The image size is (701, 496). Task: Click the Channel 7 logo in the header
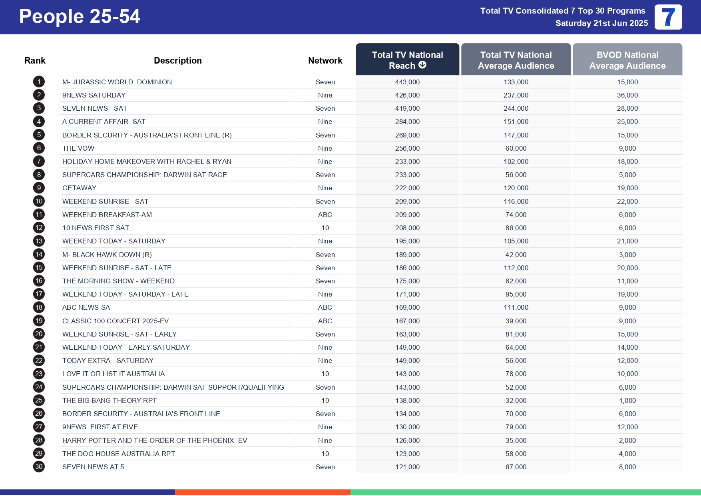[x=668, y=17]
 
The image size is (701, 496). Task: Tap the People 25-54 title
[x=80, y=17]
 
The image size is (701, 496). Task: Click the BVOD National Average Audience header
[x=627, y=60]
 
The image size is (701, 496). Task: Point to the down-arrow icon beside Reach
[x=422, y=65]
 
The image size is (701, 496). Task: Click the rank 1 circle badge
[x=39, y=82]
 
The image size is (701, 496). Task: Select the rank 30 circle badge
[x=39, y=467]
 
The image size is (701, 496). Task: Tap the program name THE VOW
[x=78, y=148]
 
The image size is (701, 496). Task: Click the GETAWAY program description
[x=79, y=188]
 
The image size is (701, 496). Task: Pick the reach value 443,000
[x=407, y=82]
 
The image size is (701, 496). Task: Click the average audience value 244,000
[x=516, y=108]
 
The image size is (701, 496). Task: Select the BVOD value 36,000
[x=627, y=95]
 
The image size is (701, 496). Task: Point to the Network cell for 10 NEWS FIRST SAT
[x=325, y=228]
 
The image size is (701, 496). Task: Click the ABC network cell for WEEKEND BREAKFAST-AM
[x=325, y=215]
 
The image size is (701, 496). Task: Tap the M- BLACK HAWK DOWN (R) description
[x=107, y=255]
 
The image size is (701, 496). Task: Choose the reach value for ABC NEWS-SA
[x=407, y=307]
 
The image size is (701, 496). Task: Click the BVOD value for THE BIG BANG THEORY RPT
[x=627, y=400]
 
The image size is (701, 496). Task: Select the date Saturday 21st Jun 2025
[x=601, y=23]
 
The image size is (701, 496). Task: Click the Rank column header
[x=35, y=60]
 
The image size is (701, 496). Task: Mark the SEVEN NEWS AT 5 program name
[x=93, y=467]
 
